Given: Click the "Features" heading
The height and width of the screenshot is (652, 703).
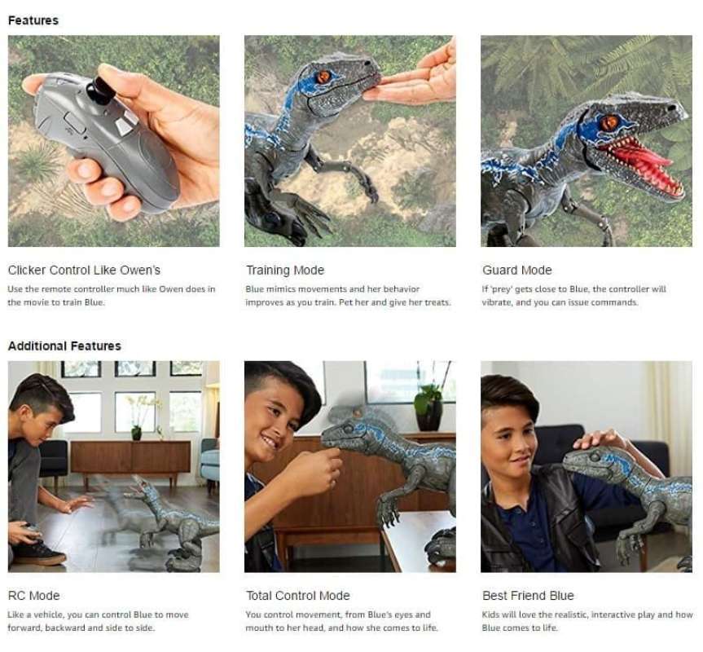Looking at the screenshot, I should (x=33, y=20).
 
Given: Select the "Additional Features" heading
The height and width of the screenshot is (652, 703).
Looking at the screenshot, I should (x=64, y=346).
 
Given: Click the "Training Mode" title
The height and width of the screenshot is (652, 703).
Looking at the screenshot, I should (x=285, y=270).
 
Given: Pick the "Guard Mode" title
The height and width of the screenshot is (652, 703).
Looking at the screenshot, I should (x=516, y=270).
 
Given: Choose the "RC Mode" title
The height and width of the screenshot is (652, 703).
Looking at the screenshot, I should (x=33, y=595).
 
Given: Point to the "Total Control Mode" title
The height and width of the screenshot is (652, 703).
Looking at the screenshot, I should (x=297, y=595).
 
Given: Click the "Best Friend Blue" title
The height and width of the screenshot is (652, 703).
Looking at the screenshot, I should (x=528, y=595).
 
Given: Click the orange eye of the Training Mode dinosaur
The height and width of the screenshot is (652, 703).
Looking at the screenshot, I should (x=323, y=77).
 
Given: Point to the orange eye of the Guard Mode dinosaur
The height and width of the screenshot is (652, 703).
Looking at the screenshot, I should (x=609, y=122).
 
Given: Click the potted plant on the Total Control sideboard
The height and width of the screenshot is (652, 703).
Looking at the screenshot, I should (x=428, y=405).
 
